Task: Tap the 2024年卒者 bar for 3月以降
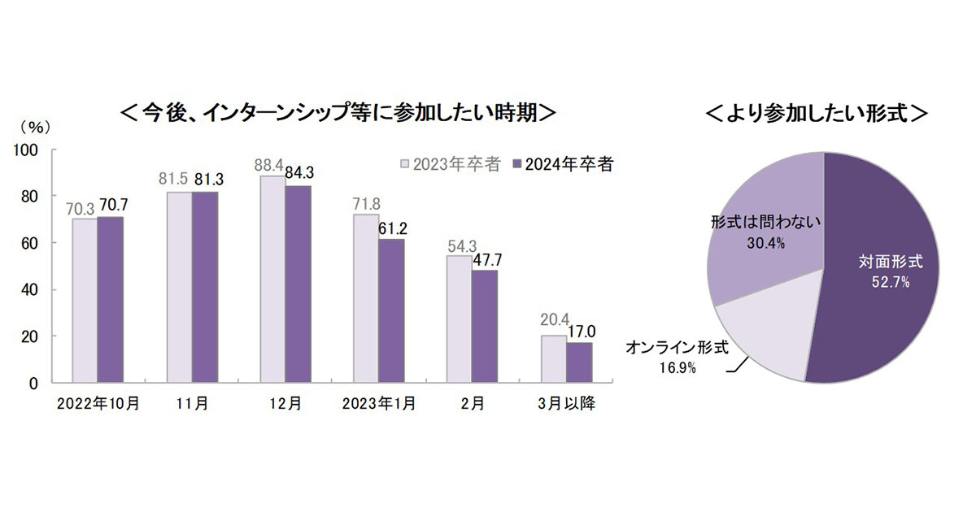(579, 362)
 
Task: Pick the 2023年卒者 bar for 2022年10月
(85, 300)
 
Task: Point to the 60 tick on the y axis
(29, 243)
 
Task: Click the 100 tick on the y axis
(26, 150)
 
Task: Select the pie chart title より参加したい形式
(817, 112)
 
